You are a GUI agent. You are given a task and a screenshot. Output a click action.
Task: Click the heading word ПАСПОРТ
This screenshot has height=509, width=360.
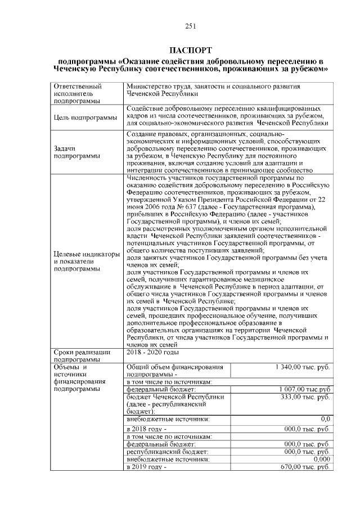[190, 50]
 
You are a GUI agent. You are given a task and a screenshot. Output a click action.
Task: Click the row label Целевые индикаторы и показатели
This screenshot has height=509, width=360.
[87, 262]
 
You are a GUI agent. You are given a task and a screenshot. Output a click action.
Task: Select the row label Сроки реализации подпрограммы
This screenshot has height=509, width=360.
[81, 355]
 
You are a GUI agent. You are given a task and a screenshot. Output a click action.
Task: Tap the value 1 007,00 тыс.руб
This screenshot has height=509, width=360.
[304, 389]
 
